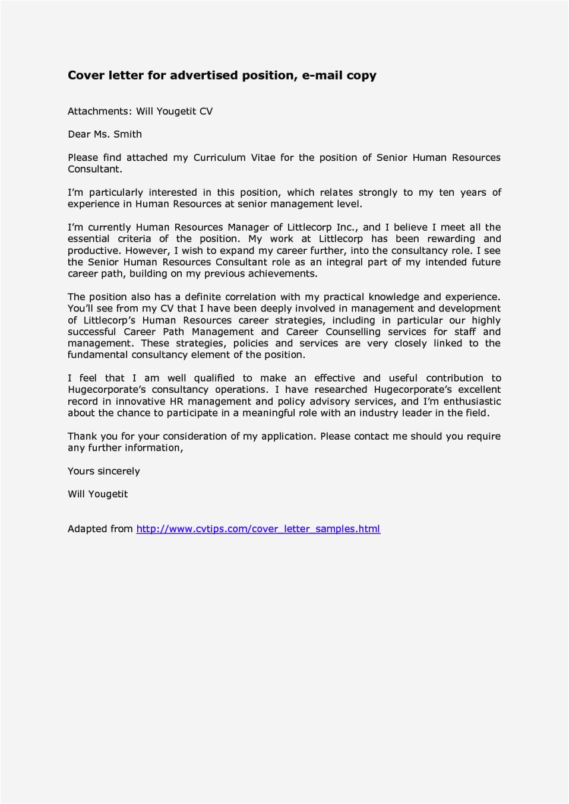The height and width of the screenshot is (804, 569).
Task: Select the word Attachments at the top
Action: (x=99, y=111)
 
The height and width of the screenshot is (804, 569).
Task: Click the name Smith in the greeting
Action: (x=128, y=134)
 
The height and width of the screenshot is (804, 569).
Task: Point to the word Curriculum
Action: (x=219, y=157)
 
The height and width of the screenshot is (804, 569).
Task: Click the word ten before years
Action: (x=447, y=192)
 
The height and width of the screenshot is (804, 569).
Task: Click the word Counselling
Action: (x=353, y=332)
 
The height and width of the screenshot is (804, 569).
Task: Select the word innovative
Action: (x=140, y=401)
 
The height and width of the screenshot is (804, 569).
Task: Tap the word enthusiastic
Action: (x=472, y=401)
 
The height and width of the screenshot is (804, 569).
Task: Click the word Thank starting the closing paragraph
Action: (x=83, y=436)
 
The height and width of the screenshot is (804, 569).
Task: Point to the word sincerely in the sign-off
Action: (x=119, y=471)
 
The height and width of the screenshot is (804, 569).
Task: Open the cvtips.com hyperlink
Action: (x=258, y=529)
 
